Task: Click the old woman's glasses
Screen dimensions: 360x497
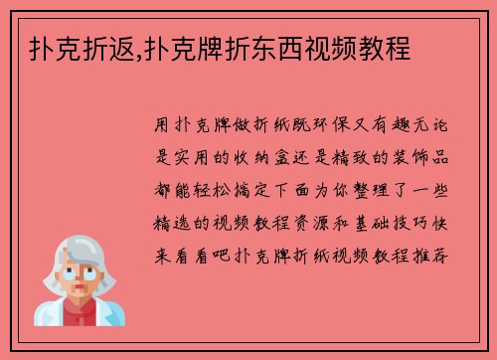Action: [x=81, y=260]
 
